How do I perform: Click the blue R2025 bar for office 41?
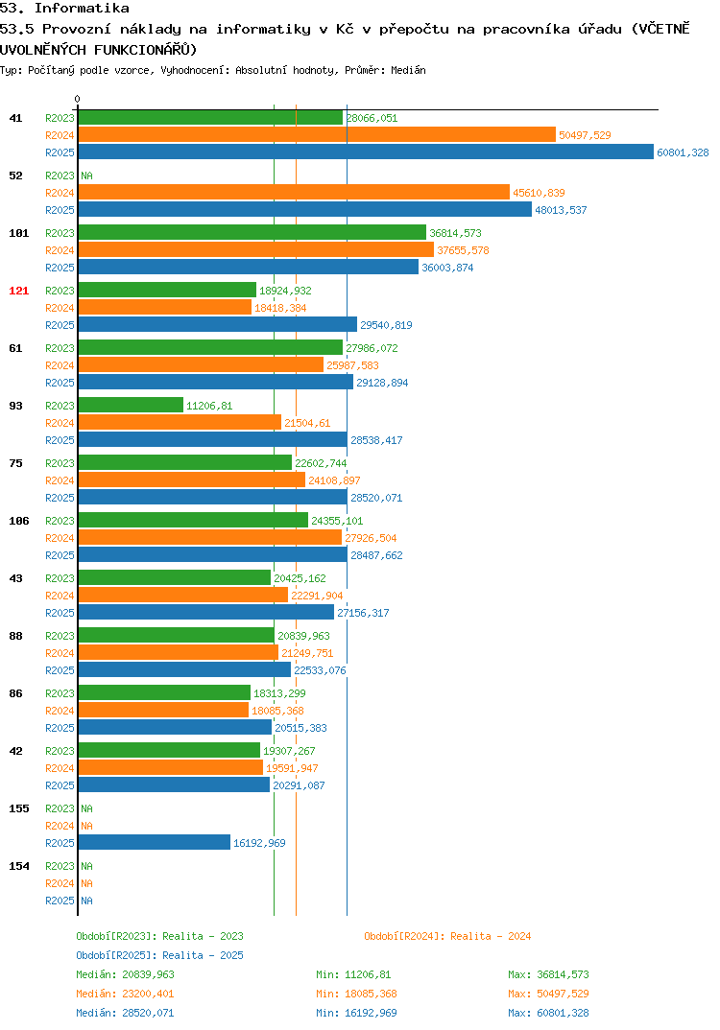pos(366,152)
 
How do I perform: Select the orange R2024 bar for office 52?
pos(294,192)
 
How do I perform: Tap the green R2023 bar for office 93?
pos(131,405)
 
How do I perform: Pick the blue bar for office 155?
pos(155,842)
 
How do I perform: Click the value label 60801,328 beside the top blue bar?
pos(684,152)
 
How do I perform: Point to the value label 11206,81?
pos(209,406)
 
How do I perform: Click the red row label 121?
pos(19,291)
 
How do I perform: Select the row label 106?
pos(19,521)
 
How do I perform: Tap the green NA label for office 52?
pos(86,176)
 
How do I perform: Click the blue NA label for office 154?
pos(86,901)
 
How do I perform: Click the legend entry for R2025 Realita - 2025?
pos(159,955)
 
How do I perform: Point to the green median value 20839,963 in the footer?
pos(148,974)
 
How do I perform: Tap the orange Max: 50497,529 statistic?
pos(548,994)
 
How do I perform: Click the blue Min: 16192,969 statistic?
pos(356,1013)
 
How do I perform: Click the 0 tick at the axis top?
pos(77,99)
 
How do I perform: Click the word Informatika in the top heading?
pos(83,8)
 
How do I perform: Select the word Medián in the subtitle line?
pos(408,70)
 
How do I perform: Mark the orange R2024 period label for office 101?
pos(60,250)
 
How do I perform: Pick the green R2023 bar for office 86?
pos(164,692)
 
